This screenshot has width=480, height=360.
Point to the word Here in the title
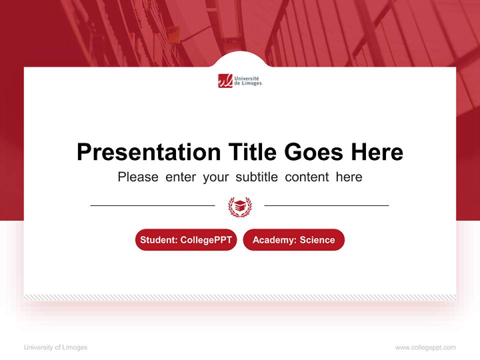(377, 152)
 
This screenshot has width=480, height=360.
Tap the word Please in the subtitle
(138, 177)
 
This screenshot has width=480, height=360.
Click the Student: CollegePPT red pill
(186, 240)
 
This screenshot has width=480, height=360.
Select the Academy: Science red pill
(293, 240)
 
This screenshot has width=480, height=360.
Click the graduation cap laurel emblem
(240, 206)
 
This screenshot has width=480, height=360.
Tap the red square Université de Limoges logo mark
(225, 80)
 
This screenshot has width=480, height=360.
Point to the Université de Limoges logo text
(248, 80)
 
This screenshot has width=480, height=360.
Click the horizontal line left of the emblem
(152, 205)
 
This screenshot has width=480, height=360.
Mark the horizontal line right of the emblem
(326, 205)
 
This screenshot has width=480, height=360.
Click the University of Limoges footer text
(55, 347)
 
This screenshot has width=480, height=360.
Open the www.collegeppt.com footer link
(425, 347)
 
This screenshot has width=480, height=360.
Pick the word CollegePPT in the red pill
(206, 240)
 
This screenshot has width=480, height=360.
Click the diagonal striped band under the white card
(240, 297)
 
